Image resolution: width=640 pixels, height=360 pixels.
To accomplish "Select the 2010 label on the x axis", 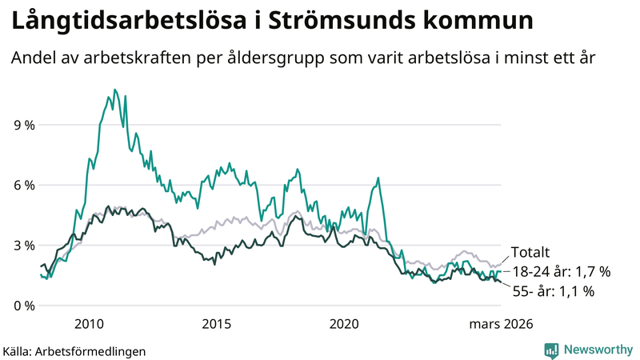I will tap(89, 324).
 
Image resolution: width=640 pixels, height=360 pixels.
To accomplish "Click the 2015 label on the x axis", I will tap(217, 324).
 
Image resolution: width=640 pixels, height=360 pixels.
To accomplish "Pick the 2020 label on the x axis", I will tap(345, 324).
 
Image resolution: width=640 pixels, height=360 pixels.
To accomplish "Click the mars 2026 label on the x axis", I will tap(501, 324).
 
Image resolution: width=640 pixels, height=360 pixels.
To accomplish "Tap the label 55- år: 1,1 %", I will tap(552, 292).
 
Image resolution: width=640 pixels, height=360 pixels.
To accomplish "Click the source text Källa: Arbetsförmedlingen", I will tap(74, 350).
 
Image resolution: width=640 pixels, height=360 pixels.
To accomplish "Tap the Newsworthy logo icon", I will tap(551, 350).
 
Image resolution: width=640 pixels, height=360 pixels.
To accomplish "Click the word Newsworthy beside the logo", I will tap(597, 350).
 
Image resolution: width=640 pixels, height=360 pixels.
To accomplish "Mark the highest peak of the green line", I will tap(114, 90).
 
